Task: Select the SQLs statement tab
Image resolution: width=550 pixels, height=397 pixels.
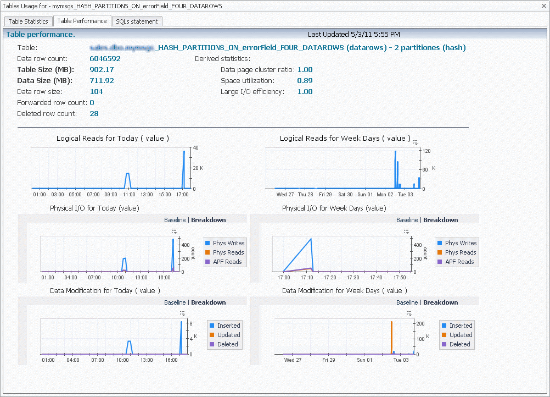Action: pos(137,21)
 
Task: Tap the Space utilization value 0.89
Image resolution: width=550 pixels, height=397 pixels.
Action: pos(305,81)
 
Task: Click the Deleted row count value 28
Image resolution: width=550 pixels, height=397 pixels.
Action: pos(94,114)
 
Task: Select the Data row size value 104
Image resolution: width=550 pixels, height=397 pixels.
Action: pos(97,92)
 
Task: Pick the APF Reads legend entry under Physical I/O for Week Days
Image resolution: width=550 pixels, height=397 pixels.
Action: pos(458,262)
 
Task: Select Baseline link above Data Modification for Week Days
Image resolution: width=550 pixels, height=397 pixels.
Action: pos(407,302)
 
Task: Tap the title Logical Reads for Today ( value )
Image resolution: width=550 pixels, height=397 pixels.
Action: pos(113,139)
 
